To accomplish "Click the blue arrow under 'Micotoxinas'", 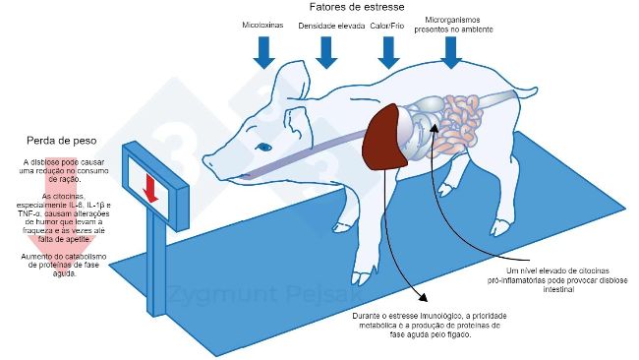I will click(x=263, y=52).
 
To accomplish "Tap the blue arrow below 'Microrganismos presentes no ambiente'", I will click(x=451, y=52).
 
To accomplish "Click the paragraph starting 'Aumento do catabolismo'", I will click(x=61, y=266).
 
